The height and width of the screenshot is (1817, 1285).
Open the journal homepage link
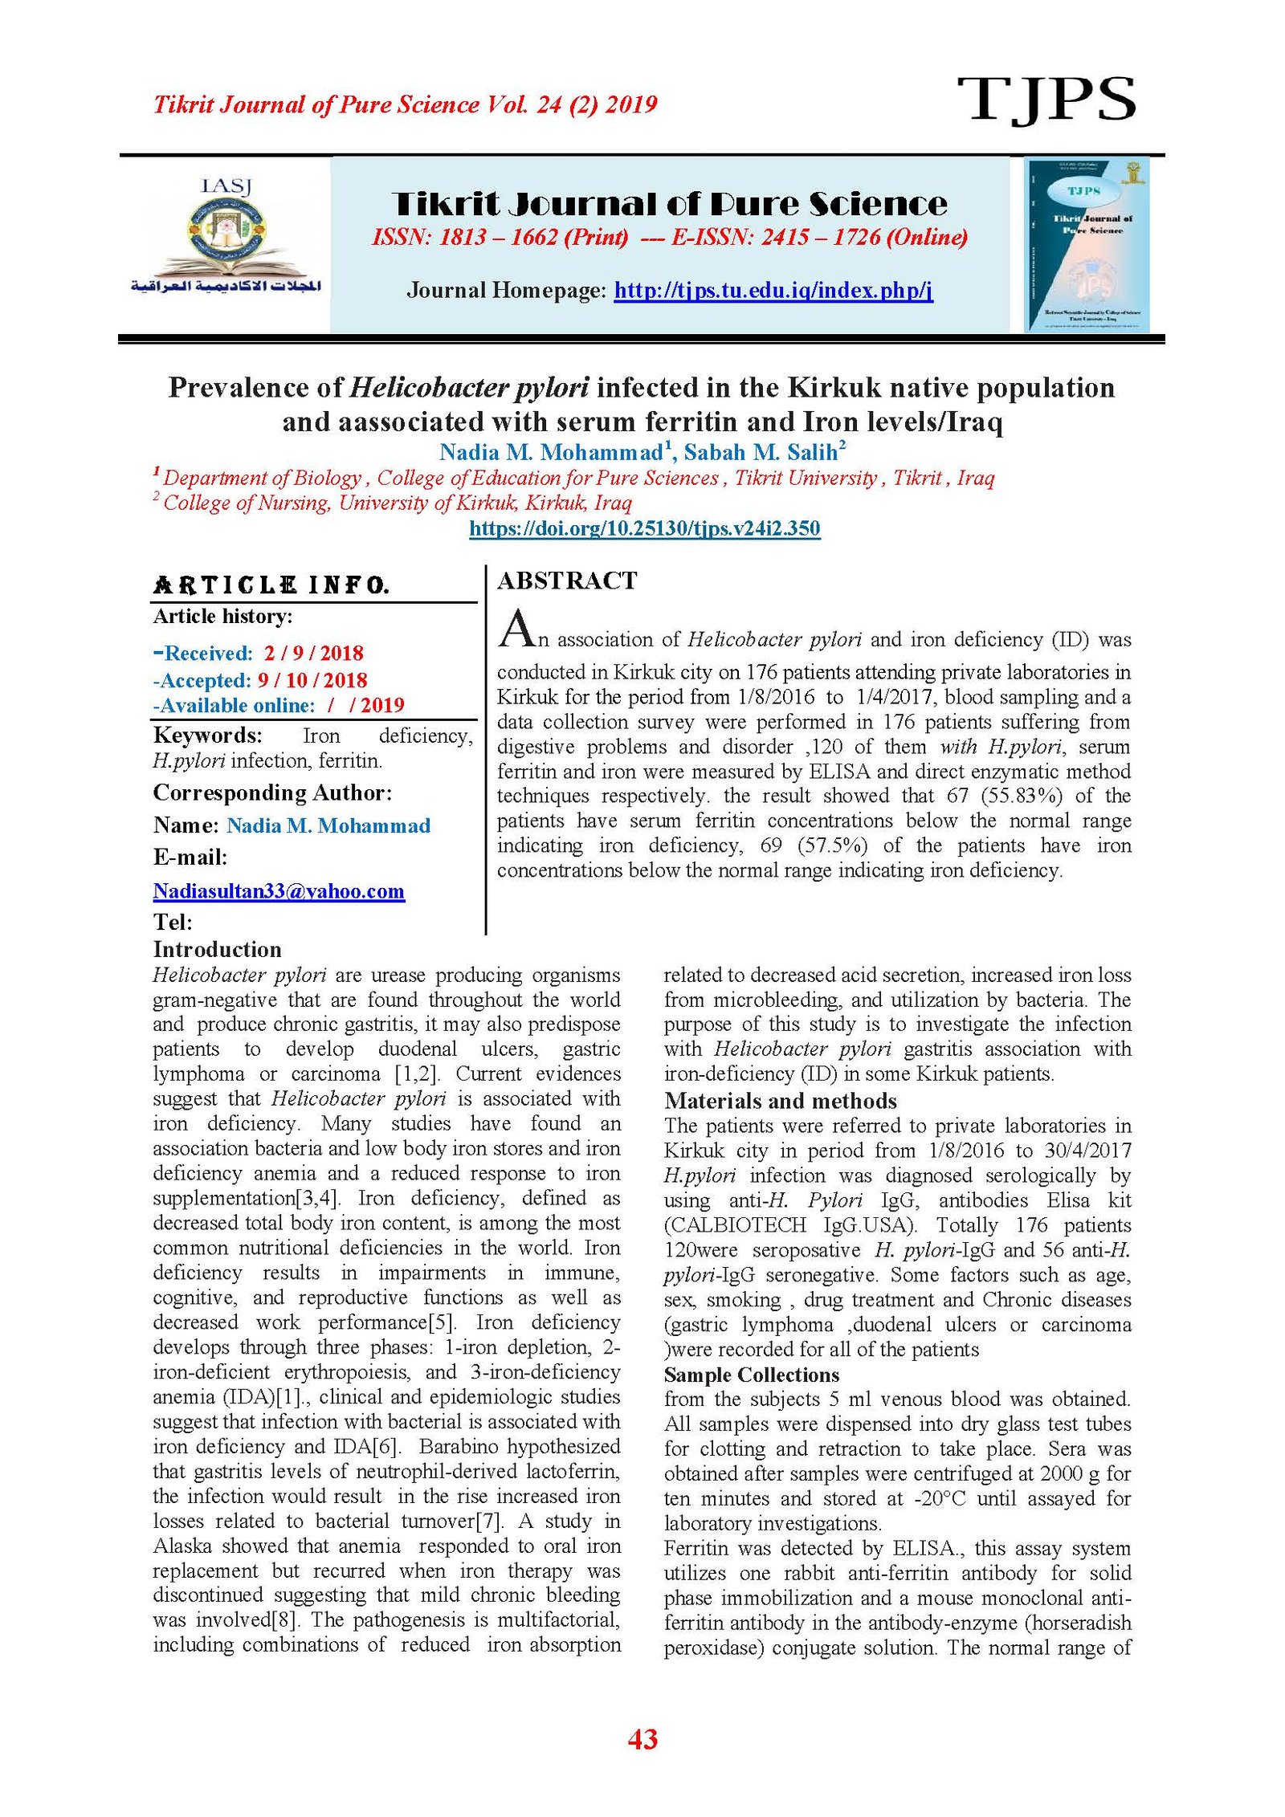(x=773, y=290)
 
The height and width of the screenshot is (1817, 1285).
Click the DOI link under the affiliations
(x=644, y=528)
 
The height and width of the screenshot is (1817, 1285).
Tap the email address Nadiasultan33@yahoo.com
(x=279, y=890)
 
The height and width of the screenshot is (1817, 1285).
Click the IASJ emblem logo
(x=226, y=237)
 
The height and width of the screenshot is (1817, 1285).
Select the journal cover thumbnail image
(x=1087, y=244)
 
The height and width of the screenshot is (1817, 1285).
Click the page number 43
(x=642, y=1738)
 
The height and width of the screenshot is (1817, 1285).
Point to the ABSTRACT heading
(x=567, y=581)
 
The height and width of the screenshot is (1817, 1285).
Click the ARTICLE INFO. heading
(x=271, y=585)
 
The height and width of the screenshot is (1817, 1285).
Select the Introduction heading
(x=217, y=949)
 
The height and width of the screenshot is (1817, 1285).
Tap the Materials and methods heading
(x=780, y=1101)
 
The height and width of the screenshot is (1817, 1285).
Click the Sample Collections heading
(x=751, y=1375)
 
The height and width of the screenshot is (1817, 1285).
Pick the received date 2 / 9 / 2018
(x=313, y=653)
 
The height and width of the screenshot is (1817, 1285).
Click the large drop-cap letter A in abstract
(x=516, y=628)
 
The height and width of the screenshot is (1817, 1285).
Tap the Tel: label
(x=173, y=922)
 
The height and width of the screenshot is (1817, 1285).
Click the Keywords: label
(x=207, y=735)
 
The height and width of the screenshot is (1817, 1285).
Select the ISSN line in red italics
(x=670, y=237)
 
